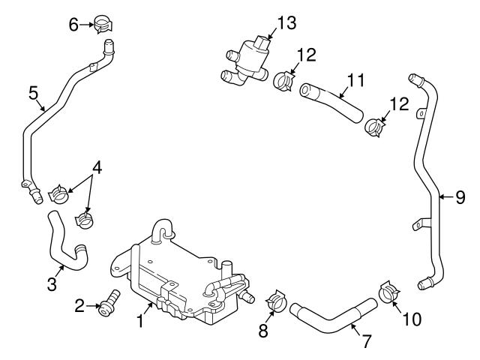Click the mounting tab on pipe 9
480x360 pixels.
click(x=421, y=222)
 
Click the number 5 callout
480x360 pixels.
click(x=33, y=94)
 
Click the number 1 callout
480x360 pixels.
click(x=139, y=322)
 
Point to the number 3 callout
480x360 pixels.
click(x=51, y=283)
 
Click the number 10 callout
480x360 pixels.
click(x=411, y=319)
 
